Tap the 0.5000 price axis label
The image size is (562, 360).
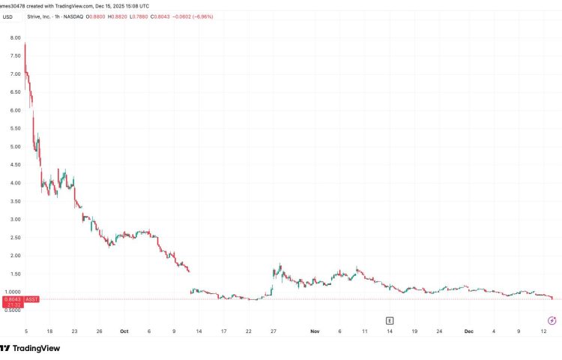13,310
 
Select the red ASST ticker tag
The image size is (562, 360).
32,299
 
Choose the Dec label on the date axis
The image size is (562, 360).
468,330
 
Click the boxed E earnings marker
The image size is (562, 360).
390,320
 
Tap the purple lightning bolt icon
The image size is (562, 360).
552,320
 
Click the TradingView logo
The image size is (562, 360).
30,348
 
